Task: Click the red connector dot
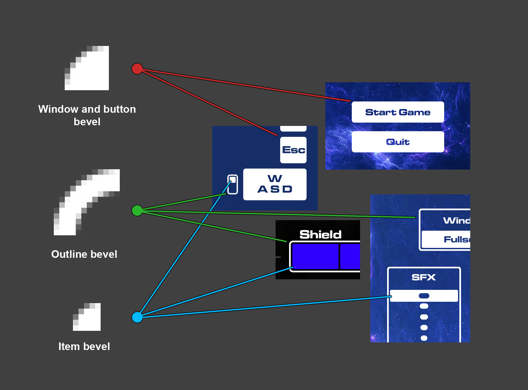137,69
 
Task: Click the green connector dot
137,211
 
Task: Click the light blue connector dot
137,317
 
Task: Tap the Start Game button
398,112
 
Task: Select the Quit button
398,142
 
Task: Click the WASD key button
275,184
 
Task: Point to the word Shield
320,234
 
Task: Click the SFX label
424,277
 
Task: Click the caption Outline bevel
84,254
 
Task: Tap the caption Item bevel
84,346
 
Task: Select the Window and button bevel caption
87,115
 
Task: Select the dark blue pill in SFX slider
424,296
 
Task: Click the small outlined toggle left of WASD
233,184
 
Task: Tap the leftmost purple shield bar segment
315,256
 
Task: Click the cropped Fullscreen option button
446,239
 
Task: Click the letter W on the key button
275,178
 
